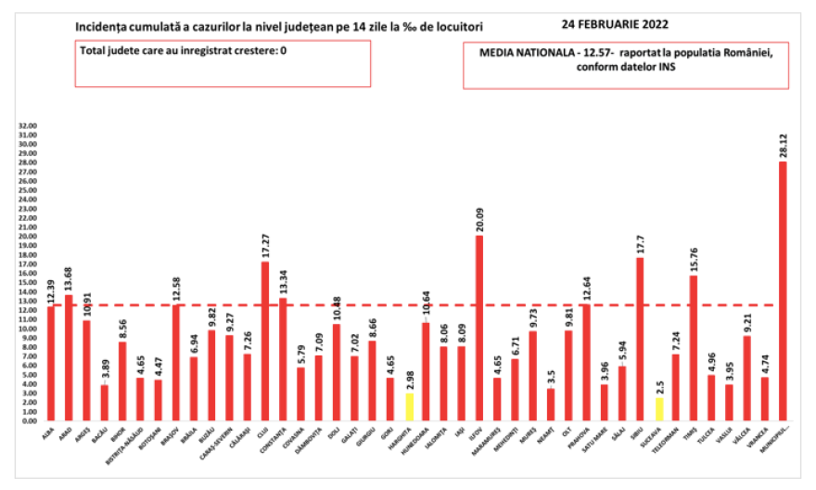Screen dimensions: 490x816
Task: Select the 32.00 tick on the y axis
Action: click(x=28, y=126)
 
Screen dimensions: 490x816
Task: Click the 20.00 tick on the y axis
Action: click(x=28, y=237)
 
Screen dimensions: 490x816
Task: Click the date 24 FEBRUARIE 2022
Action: click(x=615, y=24)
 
